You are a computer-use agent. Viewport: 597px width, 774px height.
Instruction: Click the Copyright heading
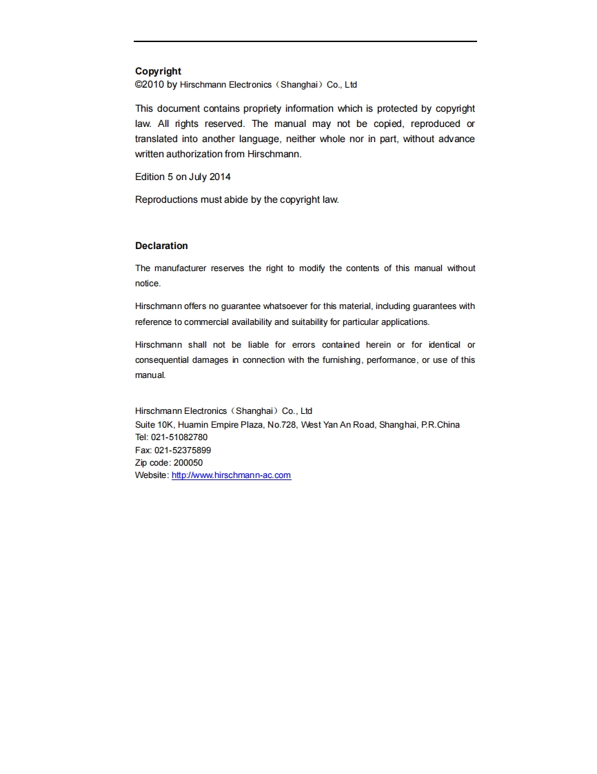pyautogui.click(x=158, y=71)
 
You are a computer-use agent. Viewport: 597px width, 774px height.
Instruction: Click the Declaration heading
pyautogui.click(x=161, y=246)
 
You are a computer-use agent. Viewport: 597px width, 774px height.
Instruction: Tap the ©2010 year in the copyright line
pyautogui.click(x=149, y=85)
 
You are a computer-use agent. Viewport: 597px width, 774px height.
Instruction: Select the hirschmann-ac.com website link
pyautogui.click(x=231, y=475)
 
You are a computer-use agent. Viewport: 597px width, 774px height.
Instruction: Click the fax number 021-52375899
pyautogui.click(x=182, y=450)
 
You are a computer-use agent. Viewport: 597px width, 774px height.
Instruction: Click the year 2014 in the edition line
pyautogui.click(x=219, y=177)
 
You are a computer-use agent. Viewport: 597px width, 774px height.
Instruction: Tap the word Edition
pyautogui.click(x=150, y=177)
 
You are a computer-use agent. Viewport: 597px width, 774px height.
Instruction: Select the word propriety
pyautogui.click(x=264, y=108)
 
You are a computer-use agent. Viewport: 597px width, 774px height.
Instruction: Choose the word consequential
pyautogui.click(x=161, y=360)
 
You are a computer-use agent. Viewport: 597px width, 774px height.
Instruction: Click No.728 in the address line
pyautogui.click(x=281, y=424)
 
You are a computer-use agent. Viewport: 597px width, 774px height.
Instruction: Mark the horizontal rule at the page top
pyautogui.click(x=305, y=41)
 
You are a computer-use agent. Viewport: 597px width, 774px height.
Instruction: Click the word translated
pyautogui.click(x=156, y=139)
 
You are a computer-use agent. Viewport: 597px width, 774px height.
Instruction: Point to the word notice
pyautogui.click(x=148, y=284)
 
